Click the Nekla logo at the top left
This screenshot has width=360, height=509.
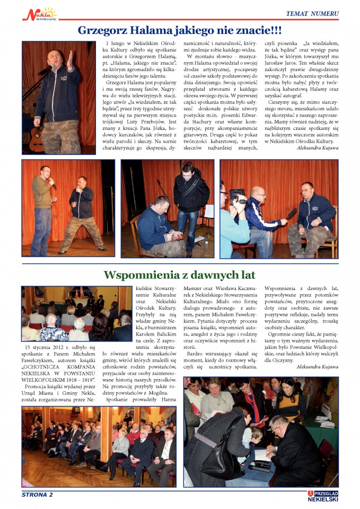38,13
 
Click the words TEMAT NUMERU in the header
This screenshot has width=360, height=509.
312,13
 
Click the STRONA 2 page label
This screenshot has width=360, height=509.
37,495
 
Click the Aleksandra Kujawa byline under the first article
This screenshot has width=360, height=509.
313,148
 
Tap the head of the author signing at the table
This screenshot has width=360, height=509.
279,425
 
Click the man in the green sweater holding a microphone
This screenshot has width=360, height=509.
42,207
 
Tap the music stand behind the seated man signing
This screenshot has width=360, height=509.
208,212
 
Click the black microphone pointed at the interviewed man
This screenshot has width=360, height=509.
291,214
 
